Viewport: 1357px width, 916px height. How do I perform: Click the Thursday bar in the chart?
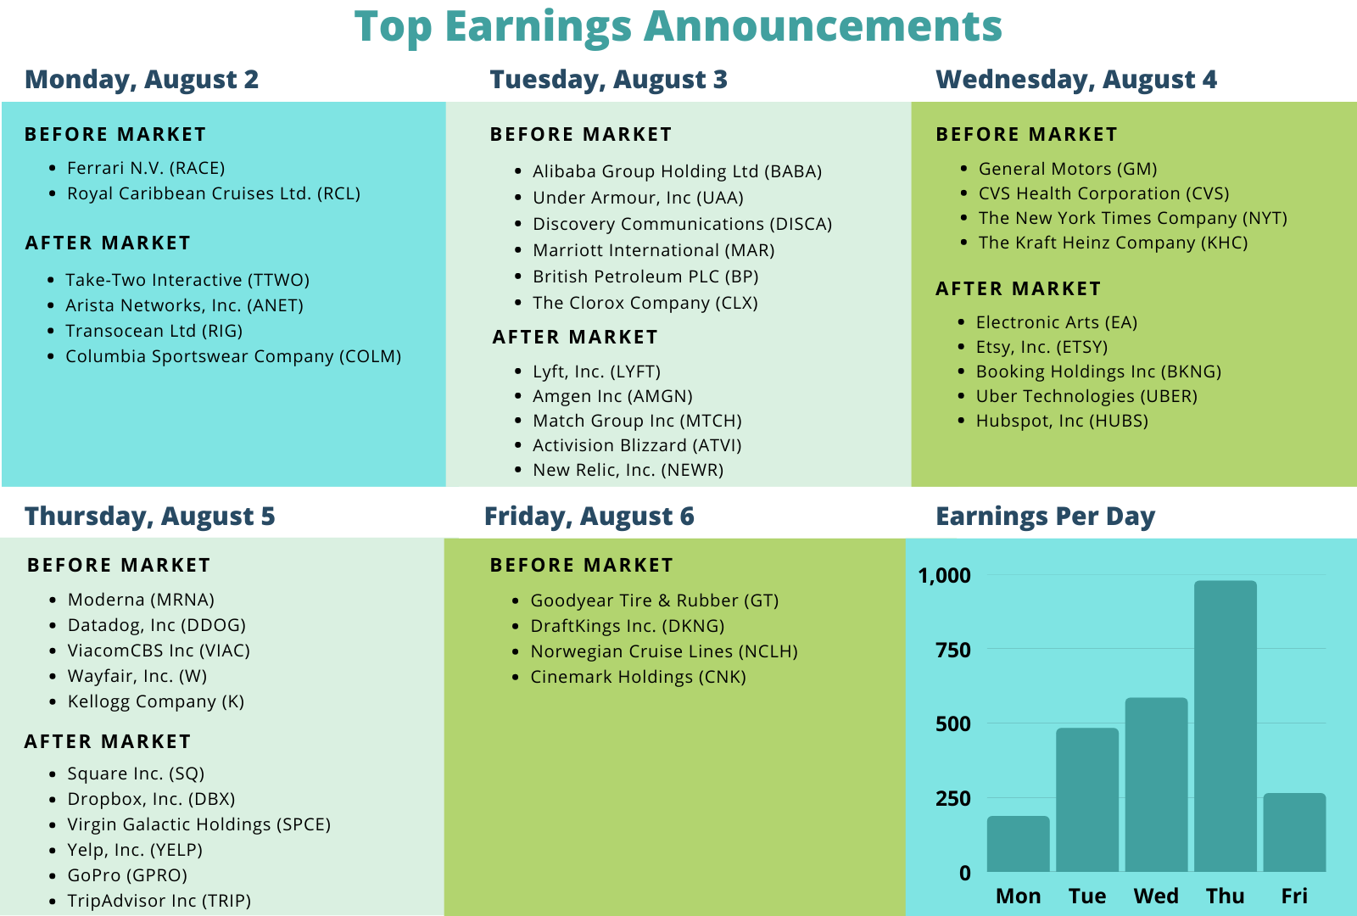tap(1226, 726)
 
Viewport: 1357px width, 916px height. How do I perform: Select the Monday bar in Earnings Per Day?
tap(1019, 844)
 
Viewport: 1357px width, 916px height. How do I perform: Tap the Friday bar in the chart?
tap(1294, 832)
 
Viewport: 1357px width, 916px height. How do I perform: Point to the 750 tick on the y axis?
tap(953, 650)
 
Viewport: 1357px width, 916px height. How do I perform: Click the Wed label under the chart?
tap(1156, 896)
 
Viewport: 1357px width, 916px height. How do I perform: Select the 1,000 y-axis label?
tap(945, 576)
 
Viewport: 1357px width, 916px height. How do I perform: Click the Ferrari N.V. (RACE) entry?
tap(146, 168)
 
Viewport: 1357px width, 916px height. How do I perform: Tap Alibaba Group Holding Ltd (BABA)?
tap(678, 171)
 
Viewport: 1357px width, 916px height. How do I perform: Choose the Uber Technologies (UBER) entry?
tap(1086, 396)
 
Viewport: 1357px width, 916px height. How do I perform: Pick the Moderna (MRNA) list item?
tap(141, 600)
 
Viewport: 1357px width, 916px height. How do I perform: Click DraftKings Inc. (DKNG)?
tap(628, 626)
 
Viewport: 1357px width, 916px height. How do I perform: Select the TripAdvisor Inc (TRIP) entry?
tap(159, 901)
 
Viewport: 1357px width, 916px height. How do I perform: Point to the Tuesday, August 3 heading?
tap(609, 80)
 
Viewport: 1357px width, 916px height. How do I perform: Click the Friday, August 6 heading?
tap(589, 517)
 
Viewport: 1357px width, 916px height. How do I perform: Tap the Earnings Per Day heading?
tap(1046, 517)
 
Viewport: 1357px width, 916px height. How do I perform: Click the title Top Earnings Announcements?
tap(678, 26)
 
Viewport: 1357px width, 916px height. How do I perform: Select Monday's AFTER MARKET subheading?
tap(108, 243)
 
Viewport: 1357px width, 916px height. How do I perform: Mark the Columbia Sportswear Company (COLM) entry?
tap(233, 356)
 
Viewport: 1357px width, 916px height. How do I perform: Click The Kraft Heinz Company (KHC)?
tap(1114, 243)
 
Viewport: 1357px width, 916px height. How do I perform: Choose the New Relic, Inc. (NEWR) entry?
tap(628, 470)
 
